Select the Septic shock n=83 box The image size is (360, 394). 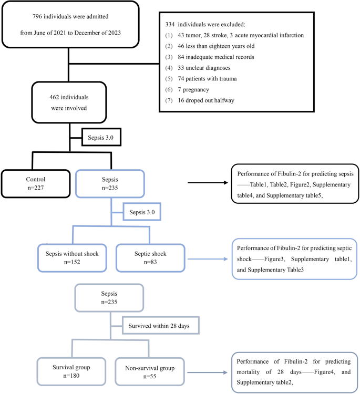pos(150,257)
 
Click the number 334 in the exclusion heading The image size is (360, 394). pos(169,24)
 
